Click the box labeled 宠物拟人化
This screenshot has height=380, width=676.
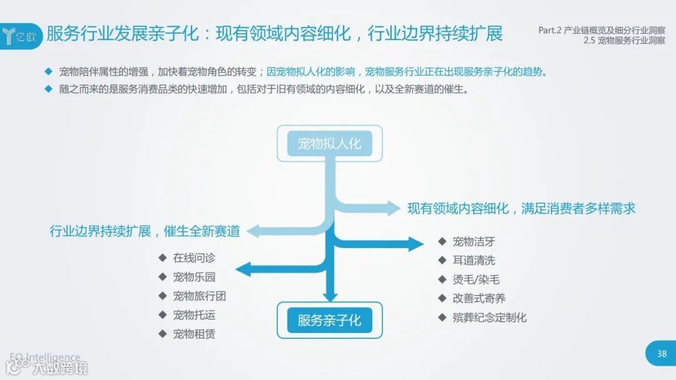point(329,144)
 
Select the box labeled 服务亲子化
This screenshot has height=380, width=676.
point(329,321)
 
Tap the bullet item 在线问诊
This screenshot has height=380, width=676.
point(194,258)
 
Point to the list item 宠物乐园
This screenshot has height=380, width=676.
point(194,277)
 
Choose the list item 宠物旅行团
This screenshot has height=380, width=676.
point(198,296)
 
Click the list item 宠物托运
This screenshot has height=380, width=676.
point(194,315)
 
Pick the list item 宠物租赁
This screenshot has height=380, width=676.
point(194,334)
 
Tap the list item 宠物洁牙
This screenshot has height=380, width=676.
point(474,242)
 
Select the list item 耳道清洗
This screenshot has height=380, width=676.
point(474,261)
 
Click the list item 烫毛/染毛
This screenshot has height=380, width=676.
point(476,280)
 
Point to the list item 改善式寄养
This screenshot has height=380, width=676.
point(479,299)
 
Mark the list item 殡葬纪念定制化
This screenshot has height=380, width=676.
point(489,317)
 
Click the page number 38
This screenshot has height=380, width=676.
point(662,354)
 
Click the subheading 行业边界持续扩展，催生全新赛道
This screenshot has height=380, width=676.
point(145,231)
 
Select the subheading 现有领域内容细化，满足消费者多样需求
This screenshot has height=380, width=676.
point(521,209)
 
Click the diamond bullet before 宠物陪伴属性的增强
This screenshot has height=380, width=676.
point(48,71)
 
